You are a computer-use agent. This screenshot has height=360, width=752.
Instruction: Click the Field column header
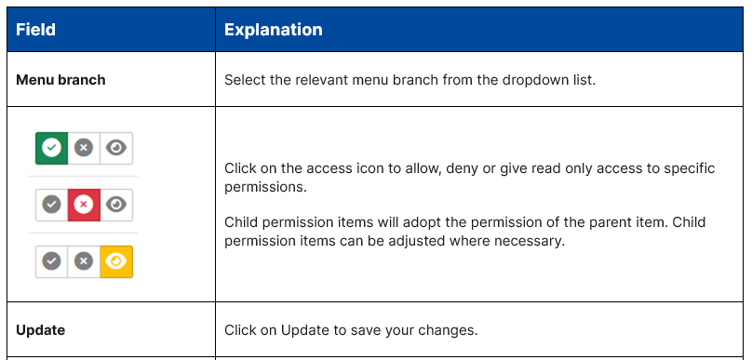tap(36, 30)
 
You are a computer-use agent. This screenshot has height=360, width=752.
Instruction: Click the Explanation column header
tap(274, 30)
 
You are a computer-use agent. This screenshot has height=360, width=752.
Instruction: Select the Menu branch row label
tap(60, 80)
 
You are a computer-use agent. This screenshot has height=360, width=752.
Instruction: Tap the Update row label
tap(41, 330)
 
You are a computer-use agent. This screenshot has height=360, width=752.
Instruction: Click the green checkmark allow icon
tap(52, 148)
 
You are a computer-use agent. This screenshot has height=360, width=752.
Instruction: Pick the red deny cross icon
tap(84, 205)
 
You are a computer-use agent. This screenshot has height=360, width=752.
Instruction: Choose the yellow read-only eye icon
tap(116, 261)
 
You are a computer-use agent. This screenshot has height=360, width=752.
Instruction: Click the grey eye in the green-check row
tap(116, 148)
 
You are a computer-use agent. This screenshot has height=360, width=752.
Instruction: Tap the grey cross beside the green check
tap(84, 148)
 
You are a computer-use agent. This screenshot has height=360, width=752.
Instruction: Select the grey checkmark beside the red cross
tap(52, 205)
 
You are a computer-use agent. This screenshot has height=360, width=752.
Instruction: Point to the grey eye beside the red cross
tap(116, 205)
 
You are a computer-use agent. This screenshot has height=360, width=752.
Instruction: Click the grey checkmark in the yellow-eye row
tap(52, 261)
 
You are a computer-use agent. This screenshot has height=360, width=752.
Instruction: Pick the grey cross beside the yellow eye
tap(84, 261)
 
